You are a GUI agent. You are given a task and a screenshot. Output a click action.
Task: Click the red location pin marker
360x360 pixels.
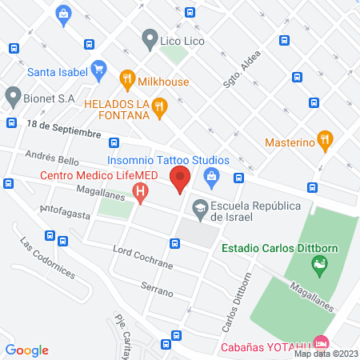pos(182,181)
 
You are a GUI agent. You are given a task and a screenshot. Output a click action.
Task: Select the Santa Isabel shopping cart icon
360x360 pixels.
pos(98,70)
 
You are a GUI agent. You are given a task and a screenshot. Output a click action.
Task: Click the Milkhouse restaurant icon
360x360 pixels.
pos(126,79)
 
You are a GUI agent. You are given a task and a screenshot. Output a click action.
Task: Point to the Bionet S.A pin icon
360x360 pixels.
pos(12,98)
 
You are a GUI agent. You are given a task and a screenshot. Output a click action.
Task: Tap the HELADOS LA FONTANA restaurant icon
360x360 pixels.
pos(160,108)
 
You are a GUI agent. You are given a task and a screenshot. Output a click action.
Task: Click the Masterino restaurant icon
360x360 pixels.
pos(324,140)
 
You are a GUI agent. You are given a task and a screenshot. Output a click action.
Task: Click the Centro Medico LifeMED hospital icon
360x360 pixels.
pos(142,192)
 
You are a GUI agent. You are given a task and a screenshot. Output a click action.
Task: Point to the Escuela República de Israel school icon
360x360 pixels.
pos(198,207)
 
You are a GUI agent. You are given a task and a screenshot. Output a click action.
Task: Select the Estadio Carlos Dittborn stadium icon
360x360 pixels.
pos(321,266)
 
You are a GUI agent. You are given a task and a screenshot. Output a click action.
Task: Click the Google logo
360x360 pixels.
pos(27,350)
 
